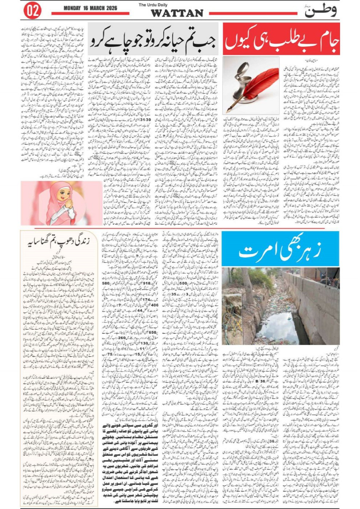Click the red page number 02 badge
33,11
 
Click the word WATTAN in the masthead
177,13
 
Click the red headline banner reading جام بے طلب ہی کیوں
281,39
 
